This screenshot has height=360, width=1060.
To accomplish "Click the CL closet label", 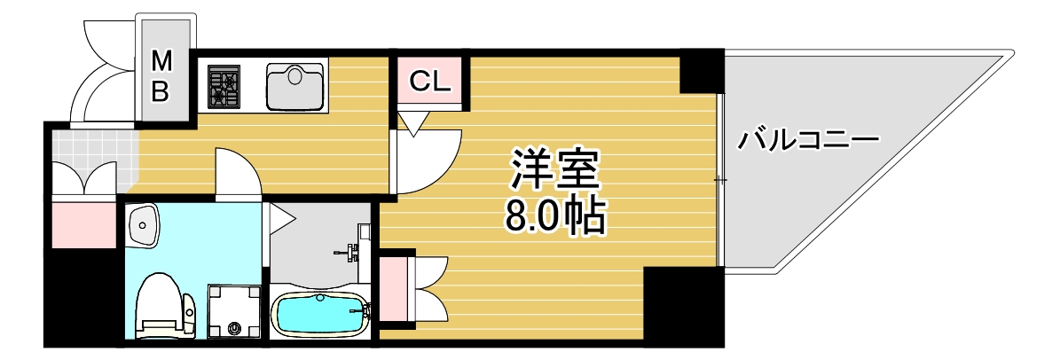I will point(431,82).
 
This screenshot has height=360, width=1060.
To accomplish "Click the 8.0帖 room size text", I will point(555,215).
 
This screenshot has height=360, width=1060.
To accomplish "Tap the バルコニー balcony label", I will point(808,141).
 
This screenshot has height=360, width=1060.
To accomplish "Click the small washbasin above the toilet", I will point(142,226).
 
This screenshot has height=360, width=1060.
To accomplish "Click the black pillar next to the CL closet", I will point(702,72).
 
